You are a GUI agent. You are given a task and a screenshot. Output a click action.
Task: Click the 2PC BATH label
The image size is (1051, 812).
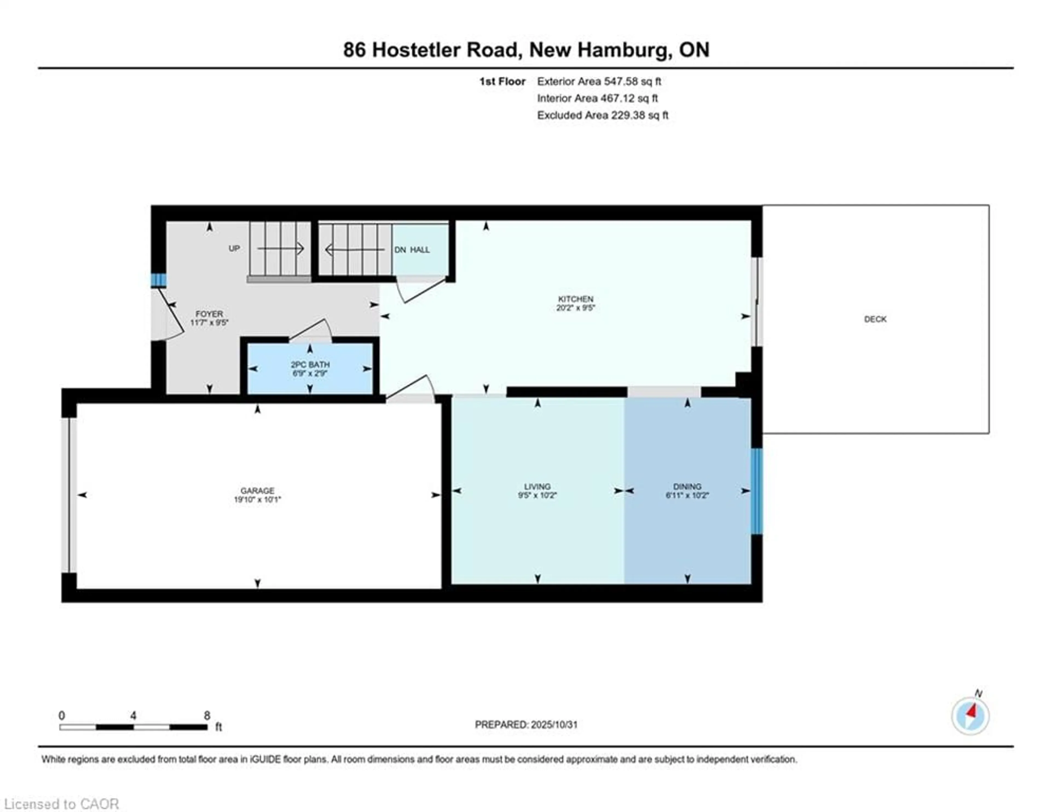[310, 365]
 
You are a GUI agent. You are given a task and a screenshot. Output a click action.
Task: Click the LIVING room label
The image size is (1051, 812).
[537, 487]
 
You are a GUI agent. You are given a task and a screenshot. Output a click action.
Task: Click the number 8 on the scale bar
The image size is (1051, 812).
[207, 716]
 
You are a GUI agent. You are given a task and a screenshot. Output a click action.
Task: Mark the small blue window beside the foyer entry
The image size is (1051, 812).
[158, 280]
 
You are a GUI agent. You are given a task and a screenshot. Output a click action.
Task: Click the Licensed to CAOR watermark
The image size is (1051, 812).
[61, 804]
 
